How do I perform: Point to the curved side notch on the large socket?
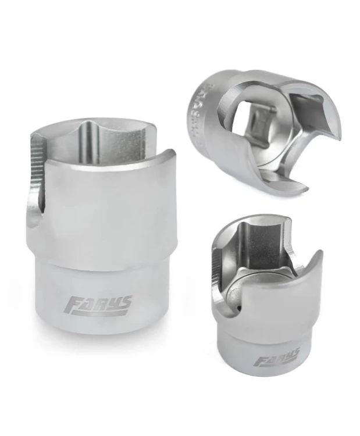pos(35,218)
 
